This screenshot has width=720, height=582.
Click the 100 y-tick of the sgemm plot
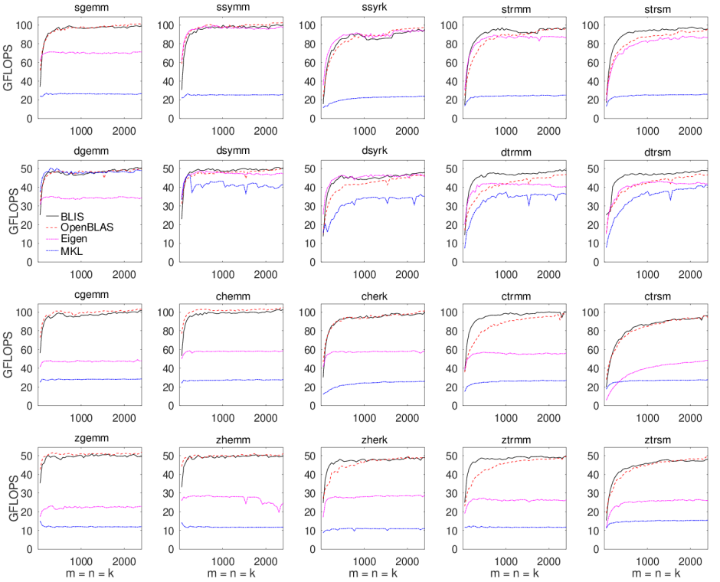(x=25, y=25)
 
